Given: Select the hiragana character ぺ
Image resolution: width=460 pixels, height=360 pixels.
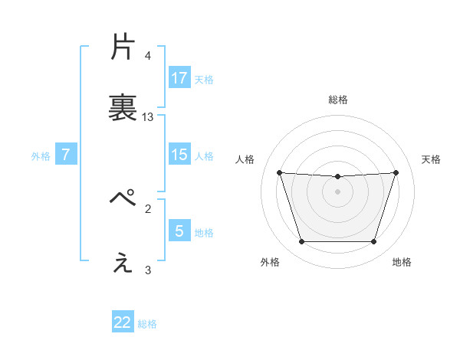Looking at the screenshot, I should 123,199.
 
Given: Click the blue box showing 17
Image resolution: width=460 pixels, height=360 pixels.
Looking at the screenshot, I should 179,78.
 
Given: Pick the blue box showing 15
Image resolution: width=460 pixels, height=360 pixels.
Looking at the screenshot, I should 179,155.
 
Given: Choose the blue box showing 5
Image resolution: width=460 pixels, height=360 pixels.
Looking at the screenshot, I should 179,231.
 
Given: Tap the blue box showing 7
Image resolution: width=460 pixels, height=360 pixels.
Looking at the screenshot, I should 66,155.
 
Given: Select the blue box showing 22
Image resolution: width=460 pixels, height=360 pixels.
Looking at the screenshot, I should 123,322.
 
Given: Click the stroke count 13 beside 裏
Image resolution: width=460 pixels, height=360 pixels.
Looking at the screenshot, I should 148,117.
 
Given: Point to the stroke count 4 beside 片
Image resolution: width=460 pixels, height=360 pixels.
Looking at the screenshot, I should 148,56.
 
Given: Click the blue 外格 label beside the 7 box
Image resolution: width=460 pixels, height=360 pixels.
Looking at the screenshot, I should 41,155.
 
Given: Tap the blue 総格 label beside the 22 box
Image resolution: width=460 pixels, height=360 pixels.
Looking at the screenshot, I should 147,323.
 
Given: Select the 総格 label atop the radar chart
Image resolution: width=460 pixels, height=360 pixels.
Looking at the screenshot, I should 338,100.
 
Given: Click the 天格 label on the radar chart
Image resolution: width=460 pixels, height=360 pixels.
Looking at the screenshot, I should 432,159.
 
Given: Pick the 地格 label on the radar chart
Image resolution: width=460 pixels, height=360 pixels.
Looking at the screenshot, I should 402,262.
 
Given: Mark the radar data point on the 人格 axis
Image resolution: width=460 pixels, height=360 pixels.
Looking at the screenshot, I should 279,172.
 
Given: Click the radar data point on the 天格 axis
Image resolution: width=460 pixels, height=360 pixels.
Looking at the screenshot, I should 396,172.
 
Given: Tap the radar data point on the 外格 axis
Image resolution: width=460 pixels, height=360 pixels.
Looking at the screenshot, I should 301,242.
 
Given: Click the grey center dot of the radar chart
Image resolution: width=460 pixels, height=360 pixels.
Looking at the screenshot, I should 338,191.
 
